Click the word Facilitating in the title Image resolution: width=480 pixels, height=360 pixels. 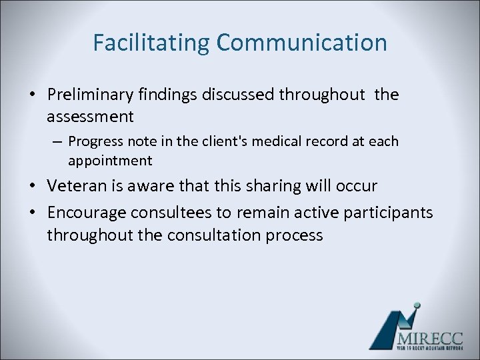[x=151, y=43]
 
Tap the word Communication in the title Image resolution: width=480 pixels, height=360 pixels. [x=301, y=43]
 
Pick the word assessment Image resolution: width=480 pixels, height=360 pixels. [x=90, y=117]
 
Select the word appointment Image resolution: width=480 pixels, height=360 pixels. [x=110, y=161]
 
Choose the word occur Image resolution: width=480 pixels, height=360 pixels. [x=358, y=185]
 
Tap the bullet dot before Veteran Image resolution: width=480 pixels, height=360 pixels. [x=33, y=186]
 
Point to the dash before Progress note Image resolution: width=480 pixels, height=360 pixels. [x=56, y=142]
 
